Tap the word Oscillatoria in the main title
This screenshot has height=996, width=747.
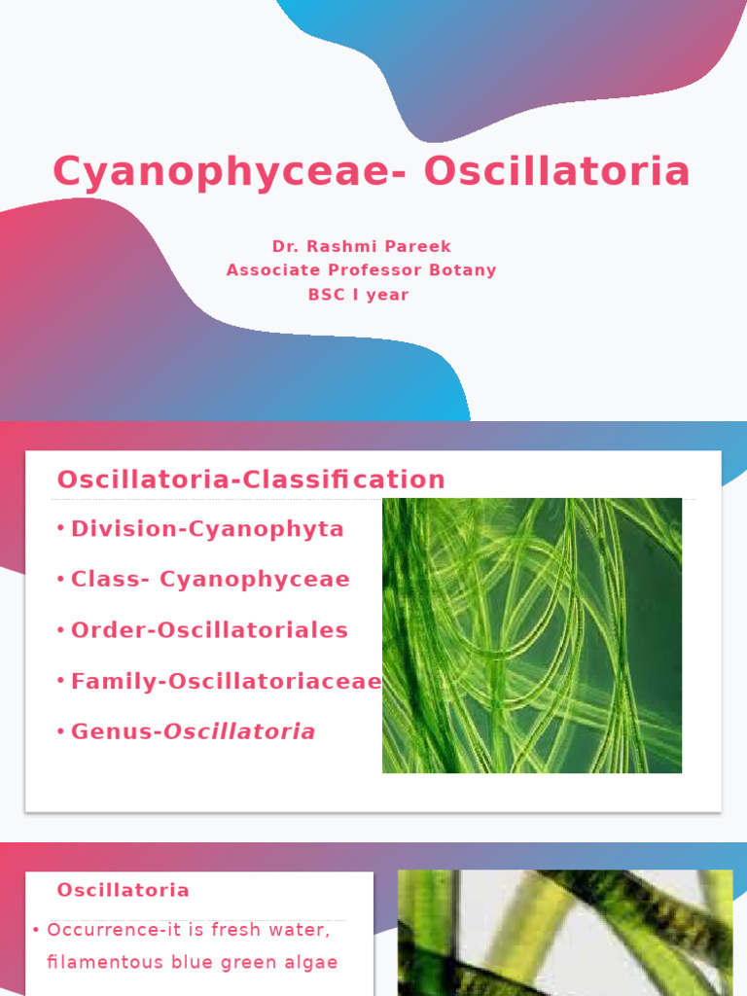coord(556,171)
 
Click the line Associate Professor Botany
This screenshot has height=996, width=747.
coord(361,270)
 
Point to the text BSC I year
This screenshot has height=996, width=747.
coord(359,295)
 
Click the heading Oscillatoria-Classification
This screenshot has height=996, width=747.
coord(251,480)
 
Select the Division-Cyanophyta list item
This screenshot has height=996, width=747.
coord(207,529)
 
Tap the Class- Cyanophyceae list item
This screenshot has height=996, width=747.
coord(210,580)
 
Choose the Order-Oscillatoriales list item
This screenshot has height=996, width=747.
coord(209,630)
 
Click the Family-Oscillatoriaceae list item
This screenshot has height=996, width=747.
coord(226,682)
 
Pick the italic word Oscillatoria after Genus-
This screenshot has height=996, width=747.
coord(239,731)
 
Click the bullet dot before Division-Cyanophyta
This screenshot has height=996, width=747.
coord(60,528)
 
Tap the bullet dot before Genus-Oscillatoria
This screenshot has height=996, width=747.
coord(60,730)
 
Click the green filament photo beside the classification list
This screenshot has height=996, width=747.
coord(532,635)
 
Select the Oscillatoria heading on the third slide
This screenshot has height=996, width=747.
coord(124,890)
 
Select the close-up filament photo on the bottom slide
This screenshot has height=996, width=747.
coord(565,932)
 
